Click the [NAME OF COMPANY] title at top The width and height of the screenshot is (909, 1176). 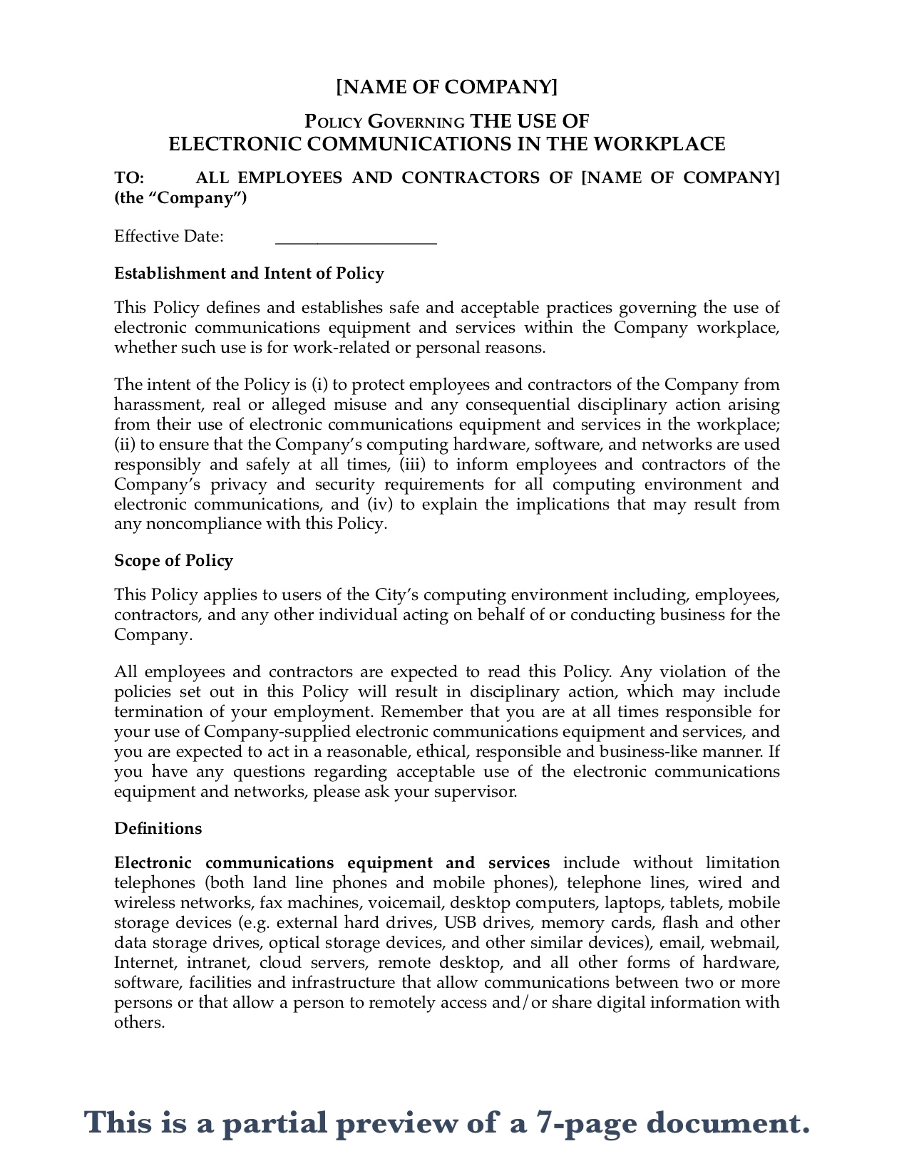point(447,87)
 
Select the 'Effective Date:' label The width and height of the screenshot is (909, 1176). point(169,237)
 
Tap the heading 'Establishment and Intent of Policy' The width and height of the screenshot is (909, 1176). point(249,274)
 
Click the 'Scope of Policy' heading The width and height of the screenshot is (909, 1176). point(173,561)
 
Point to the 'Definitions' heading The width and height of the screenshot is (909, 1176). point(158,829)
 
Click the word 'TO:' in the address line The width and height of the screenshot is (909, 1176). point(129,177)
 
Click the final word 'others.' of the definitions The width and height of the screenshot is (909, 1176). point(139,1023)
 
